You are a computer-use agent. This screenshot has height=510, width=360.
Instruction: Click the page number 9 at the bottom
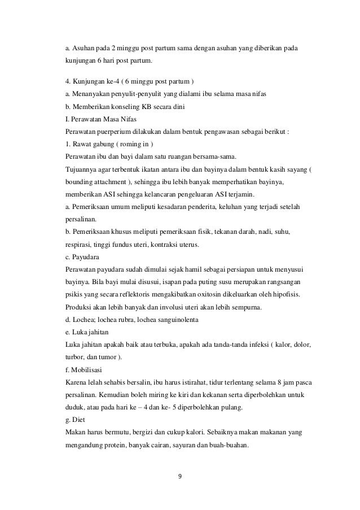click(x=179, y=476)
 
